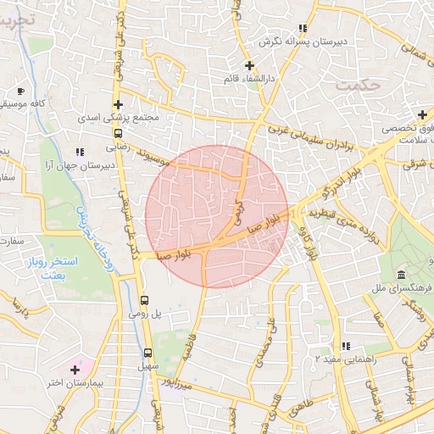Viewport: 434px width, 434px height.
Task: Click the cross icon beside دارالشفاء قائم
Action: click(248, 65)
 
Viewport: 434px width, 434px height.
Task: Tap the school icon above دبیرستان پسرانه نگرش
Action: click(303, 28)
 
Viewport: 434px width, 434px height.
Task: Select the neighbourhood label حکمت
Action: click(355, 86)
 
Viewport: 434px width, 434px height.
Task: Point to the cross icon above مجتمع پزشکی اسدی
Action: click(118, 104)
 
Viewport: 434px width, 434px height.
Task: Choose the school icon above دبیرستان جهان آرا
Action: click(80, 152)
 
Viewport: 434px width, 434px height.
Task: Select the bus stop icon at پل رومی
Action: click(144, 300)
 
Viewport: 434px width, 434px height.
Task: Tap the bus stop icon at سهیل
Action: click(147, 353)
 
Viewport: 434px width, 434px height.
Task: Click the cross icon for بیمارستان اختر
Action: click(75, 370)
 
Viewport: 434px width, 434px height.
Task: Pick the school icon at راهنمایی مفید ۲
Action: click(345, 346)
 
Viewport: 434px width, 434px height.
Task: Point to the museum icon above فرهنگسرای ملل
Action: click(401, 275)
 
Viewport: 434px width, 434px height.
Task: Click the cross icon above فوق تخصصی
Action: click(422, 114)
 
